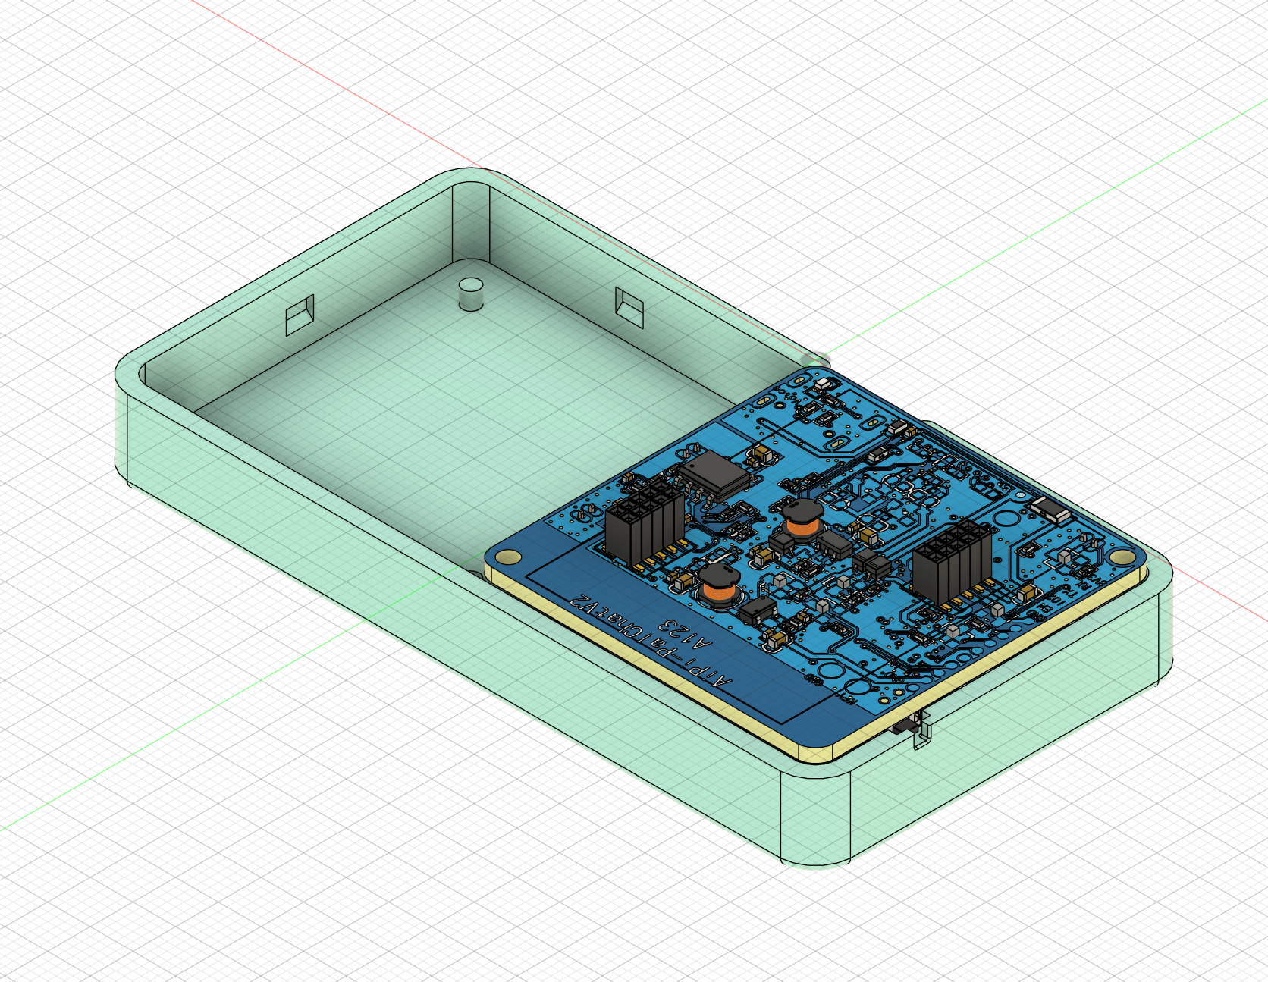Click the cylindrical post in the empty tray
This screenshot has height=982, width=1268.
tap(471, 293)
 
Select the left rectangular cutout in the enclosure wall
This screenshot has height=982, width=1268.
tap(300, 315)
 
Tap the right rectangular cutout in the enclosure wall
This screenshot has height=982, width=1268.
tap(629, 306)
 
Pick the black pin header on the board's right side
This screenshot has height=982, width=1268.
tap(953, 560)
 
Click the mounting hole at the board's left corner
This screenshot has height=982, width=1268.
tap(507, 558)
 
